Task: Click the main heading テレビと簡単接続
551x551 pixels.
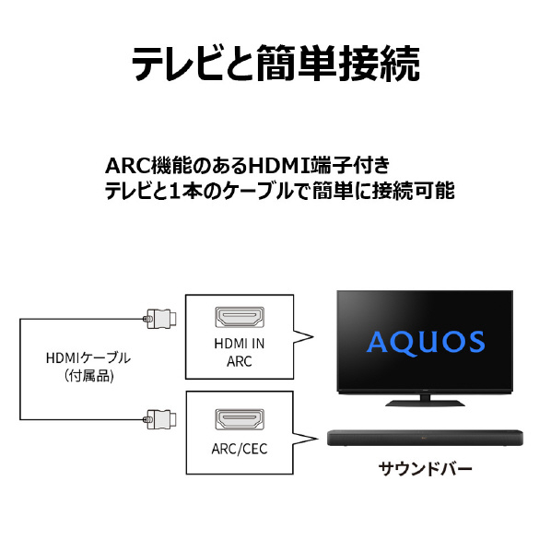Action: (275, 64)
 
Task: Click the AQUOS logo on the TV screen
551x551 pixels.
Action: (426, 343)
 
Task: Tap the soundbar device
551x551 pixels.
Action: (425, 439)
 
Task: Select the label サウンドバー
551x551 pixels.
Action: (425, 469)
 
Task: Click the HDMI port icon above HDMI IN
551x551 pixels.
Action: (240, 317)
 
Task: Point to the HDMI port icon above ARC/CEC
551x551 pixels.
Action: (240, 419)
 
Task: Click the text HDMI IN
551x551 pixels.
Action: (240, 344)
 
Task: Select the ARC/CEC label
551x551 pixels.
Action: (240, 449)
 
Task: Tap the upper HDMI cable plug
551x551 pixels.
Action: (160, 319)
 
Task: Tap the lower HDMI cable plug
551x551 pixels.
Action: (160, 419)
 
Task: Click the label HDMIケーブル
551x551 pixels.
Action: (88, 358)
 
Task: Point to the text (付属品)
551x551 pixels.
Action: (88, 376)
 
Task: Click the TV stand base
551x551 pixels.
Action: (425, 403)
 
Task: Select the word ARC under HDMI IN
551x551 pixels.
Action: (240, 361)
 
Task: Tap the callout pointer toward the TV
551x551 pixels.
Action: (303, 337)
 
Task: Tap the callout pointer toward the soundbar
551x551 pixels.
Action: (305, 439)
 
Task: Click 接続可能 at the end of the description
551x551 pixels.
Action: (413, 191)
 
